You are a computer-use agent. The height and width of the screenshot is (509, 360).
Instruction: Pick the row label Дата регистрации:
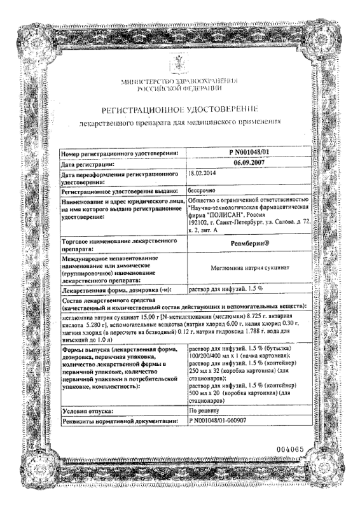click(x=92, y=164)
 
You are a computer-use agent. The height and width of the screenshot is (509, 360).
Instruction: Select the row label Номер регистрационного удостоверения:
click(x=119, y=153)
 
